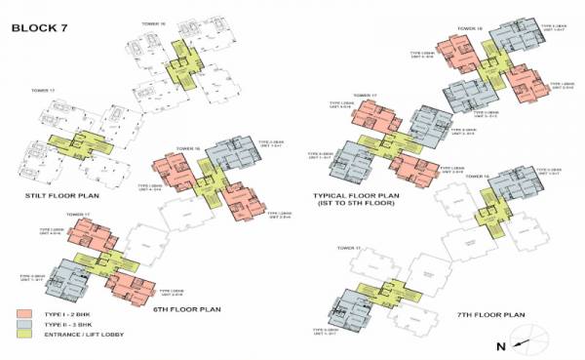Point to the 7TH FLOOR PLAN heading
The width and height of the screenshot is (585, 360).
[x=489, y=314]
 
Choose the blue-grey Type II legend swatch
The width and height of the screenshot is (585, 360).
[x=26, y=325]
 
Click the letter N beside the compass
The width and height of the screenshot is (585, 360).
[x=499, y=343]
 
